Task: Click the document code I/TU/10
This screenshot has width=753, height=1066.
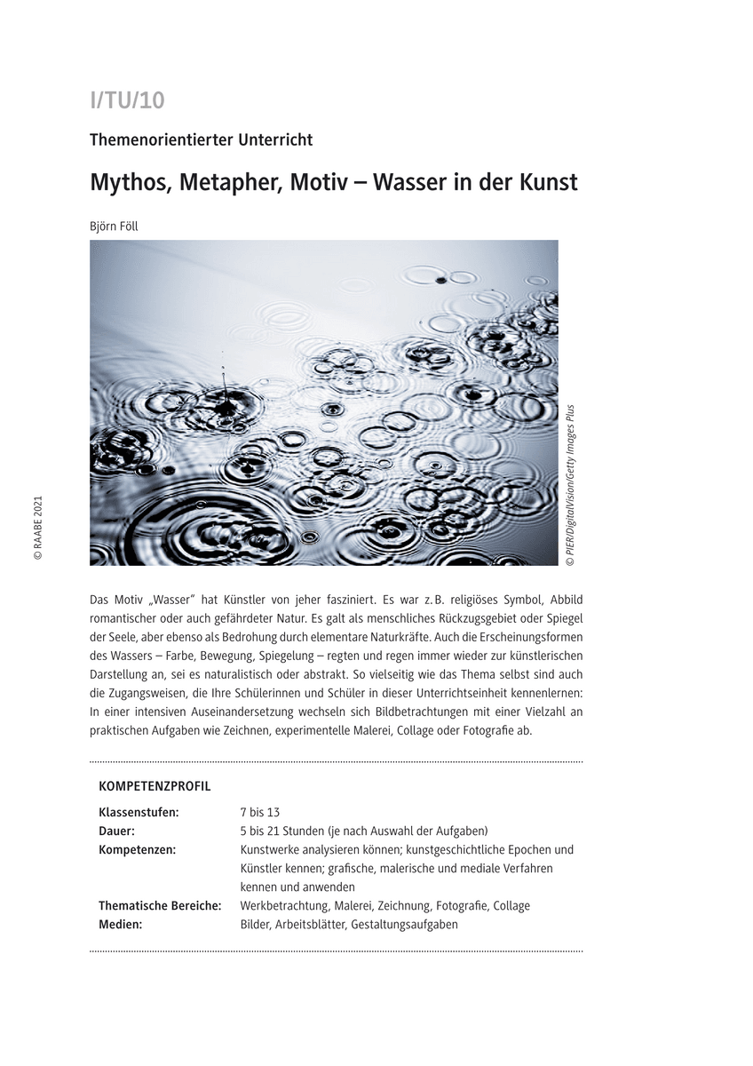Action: (x=127, y=100)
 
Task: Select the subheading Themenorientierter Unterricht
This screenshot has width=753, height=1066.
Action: (x=201, y=139)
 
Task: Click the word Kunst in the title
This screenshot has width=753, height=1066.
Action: (x=548, y=182)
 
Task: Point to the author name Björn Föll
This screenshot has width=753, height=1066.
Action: (x=114, y=226)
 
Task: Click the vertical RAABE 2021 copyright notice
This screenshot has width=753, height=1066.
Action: (x=37, y=528)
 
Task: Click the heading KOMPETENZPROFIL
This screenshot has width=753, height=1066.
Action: (x=155, y=786)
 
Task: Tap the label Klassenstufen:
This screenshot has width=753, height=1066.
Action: (x=139, y=812)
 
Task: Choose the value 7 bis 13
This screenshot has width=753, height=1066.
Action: (x=260, y=812)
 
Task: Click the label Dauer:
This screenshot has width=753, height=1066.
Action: (x=117, y=831)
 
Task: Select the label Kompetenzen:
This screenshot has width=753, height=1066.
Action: (x=137, y=849)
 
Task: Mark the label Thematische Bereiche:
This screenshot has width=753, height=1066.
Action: (x=160, y=905)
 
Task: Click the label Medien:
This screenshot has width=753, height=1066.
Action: (x=121, y=924)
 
